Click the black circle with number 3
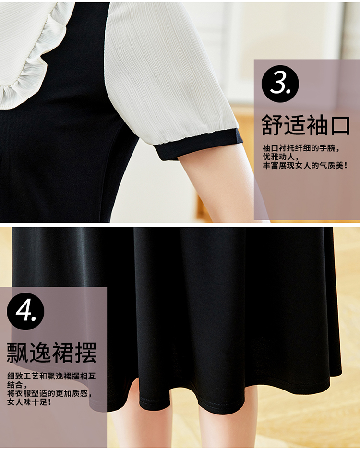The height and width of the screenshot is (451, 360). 280,84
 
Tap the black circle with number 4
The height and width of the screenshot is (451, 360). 26,311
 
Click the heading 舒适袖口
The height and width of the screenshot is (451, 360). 306,125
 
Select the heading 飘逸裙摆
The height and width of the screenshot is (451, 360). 51,353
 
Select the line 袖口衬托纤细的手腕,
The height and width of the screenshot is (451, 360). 301,148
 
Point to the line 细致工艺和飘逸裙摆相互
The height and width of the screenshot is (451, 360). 51,376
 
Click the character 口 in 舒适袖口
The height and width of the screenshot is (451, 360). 339,126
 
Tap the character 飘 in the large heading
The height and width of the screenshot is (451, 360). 18,353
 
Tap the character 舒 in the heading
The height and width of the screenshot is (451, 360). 272,126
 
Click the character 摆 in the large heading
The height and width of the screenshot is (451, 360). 85,353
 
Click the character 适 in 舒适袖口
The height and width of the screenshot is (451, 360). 295,126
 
